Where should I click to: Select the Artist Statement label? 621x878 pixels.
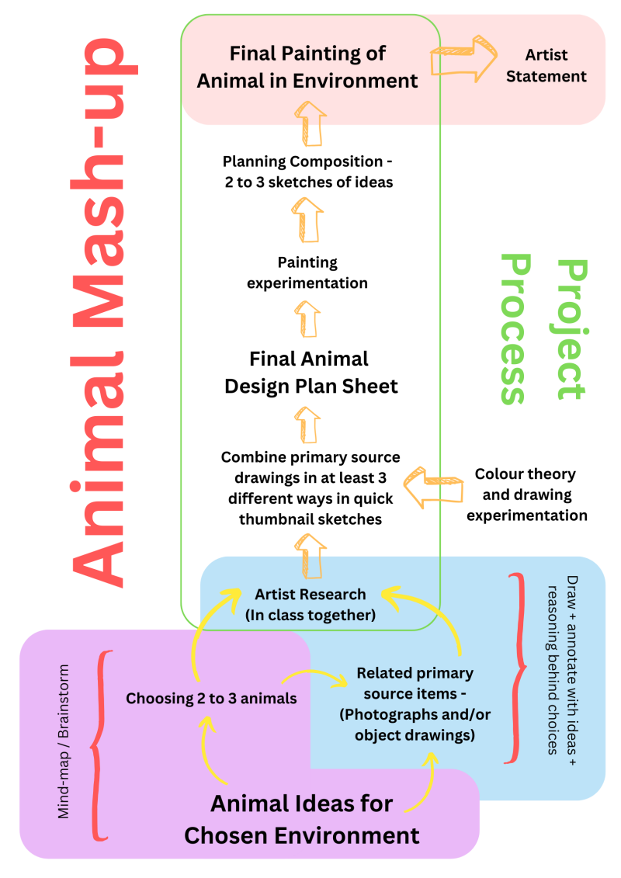(546, 66)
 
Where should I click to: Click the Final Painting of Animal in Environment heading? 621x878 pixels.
(307, 67)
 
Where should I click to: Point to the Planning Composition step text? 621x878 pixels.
(307, 172)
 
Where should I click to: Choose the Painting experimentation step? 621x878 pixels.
(307, 272)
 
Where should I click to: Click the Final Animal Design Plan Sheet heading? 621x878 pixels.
(310, 372)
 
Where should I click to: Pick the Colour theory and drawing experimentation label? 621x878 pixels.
(526, 495)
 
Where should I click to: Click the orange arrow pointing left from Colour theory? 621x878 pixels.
(420, 488)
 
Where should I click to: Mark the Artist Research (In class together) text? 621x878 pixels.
(310, 605)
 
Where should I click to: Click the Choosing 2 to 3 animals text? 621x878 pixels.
(211, 699)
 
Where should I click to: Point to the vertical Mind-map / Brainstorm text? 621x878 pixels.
(64, 741)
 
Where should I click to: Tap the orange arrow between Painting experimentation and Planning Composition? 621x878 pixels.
(309, 220)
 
